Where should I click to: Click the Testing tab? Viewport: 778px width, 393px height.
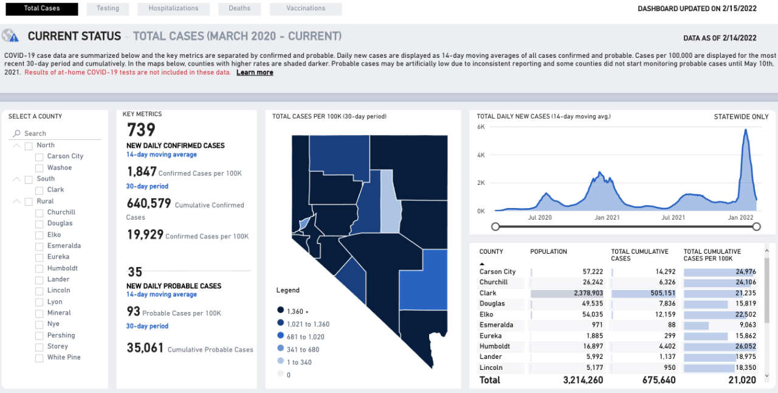(x=108, y=9)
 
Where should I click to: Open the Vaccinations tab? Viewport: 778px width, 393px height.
(x=305, y=9)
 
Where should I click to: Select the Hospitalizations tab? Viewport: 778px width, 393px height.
(x=173, y=9)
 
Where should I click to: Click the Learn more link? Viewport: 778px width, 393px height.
(x=255, y=72)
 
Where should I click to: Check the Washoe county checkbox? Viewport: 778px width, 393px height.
(x=40, y=168)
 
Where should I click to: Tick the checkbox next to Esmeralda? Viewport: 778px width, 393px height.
(x=40, y=246)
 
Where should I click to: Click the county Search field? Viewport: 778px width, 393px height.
(x=55, y=133)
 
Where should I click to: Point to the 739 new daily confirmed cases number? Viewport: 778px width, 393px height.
(x=141, y=130)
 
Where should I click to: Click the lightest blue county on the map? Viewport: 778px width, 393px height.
(x=390, y=201)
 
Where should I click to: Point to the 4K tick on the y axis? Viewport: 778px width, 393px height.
(x=480, y=155)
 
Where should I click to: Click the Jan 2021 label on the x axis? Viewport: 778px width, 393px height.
(x=607, y=217)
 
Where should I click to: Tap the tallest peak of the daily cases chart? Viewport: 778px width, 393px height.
(x=745, y=130)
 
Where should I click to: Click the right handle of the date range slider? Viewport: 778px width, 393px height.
(x=756, y=227)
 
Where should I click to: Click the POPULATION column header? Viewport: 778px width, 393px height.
(x=548, y=251)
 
